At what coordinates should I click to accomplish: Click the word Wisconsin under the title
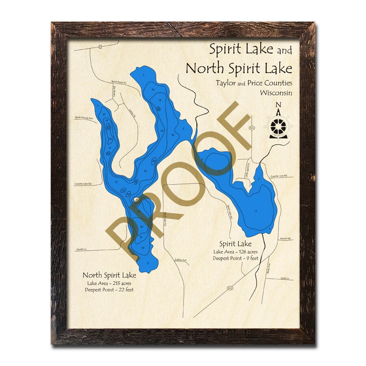tap(276, 93)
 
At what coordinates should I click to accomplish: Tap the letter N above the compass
tap(279, 105)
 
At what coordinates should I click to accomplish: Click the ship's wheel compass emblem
tap(279, 126)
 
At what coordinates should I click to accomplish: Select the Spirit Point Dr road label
tap(120, 82)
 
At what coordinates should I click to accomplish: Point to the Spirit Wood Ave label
tap(84, 118)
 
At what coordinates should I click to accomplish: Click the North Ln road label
tap(82, 249)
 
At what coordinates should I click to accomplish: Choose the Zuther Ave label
tap(180, 260)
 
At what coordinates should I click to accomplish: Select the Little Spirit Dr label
tap(246, 167)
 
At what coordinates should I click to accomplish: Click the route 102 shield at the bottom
tap(230, 288)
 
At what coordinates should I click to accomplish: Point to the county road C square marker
tap(100, 47)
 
